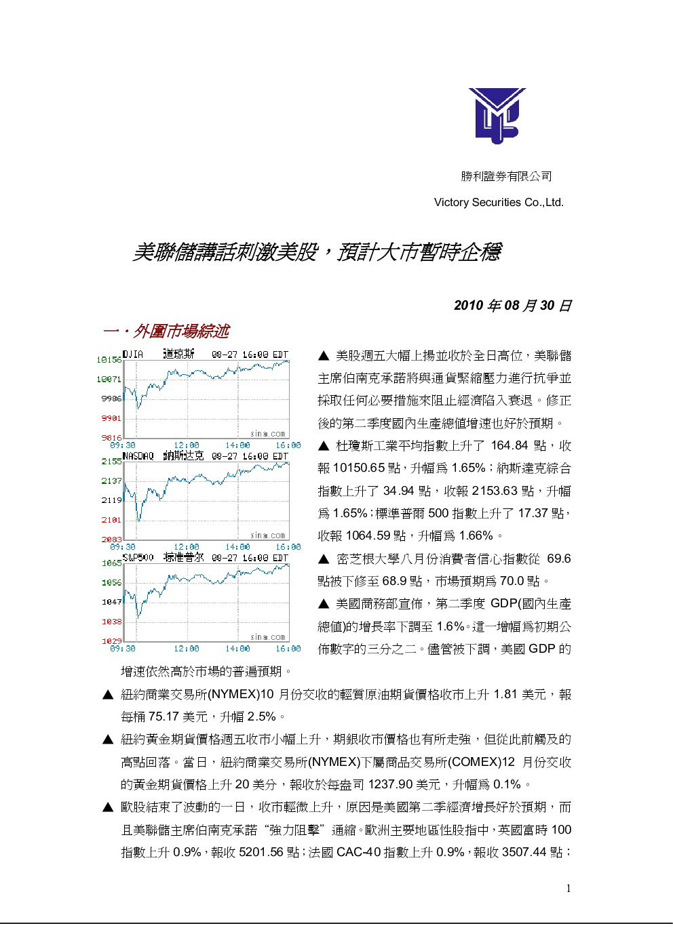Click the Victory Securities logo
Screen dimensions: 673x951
[x=497, y=115]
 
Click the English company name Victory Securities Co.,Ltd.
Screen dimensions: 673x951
[x=499, y=202]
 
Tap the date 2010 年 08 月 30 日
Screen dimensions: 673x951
[x=513, y=305]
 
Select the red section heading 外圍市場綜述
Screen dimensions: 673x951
[x=181, y=331]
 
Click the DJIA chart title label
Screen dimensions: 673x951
[x=133, y=354]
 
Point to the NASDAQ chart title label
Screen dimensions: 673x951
[x=138, y=456]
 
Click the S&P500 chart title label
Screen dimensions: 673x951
[x=138, y=557]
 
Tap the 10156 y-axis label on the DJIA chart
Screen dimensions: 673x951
[x=109, y=360]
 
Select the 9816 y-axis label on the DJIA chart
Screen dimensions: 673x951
[x=111, y=438]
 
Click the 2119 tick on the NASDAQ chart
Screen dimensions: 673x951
[x=111, y=500]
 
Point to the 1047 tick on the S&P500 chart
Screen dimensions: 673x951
[x=111, y=602]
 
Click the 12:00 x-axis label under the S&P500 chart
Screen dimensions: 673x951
[x=186, y=648]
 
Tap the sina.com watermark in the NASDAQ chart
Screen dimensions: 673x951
[x=268, y=535]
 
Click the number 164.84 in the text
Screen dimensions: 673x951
[x=509, y=445]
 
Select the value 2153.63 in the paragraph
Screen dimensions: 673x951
[x=495, y=491]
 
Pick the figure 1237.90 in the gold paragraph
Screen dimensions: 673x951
[x=390, y=784]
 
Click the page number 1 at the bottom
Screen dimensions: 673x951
[x=569, y=888]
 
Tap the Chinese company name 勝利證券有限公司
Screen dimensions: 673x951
[x=506, y=176]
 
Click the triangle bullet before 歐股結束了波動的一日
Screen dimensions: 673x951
[x=108, y=807]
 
